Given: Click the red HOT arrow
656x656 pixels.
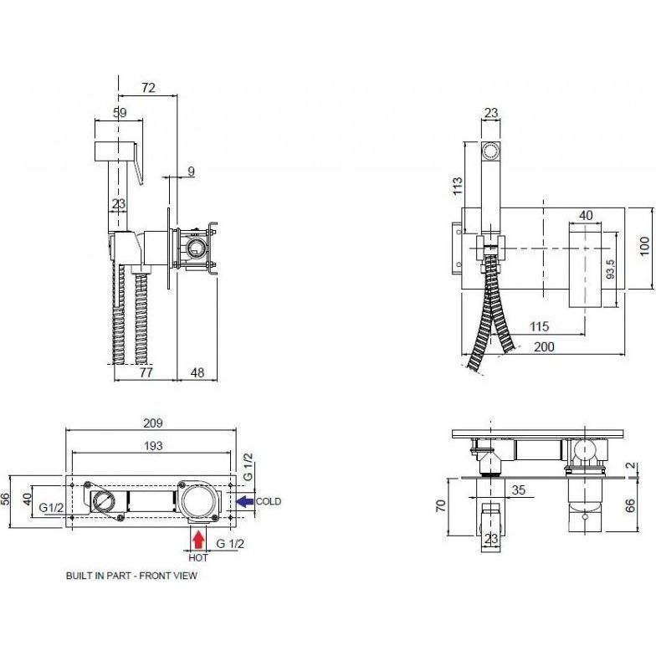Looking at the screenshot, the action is [x=198, y=540].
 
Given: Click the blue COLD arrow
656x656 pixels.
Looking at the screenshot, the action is [x=245, y=501].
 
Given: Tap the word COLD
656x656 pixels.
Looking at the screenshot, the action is [x=268, y=501].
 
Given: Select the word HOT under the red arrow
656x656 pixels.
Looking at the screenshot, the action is [x=197, y=557].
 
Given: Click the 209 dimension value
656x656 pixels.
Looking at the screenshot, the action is [x=152, y=423].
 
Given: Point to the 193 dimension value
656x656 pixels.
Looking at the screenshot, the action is [x=153, y=446].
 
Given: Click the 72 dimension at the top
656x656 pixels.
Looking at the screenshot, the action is [x=149, y=87].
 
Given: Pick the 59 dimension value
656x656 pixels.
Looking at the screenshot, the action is [x=120, y=112].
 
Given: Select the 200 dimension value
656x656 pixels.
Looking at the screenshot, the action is [x=544, y=346].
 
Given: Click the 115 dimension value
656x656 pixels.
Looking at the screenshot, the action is [x=539, y=326].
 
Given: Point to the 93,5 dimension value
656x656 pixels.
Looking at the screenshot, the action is [x=611, y=269].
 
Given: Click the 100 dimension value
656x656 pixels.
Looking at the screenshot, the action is [x=644, y=246].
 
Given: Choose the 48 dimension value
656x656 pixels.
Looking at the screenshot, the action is [x=197, y=372].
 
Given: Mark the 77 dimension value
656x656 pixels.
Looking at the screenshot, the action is [x=146, y=372].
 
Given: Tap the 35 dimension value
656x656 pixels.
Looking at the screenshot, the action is [x=519, y=490].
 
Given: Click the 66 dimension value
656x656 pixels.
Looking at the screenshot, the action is [x=631, y=505].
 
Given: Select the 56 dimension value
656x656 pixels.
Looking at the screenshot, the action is [x=5, y=499].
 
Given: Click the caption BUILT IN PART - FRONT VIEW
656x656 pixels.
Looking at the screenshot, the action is [x=131, y=576].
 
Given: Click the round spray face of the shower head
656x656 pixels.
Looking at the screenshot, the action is [x=490, y=150].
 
